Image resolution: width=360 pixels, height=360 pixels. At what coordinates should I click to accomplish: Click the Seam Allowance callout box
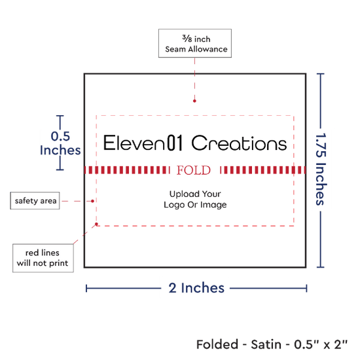pos(195,43)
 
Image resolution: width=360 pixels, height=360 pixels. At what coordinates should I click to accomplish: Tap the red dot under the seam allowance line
pos(194,101)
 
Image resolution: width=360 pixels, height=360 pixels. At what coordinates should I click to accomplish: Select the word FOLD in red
pos(194,170)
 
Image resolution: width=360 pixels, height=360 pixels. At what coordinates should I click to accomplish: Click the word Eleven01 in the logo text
pos(143,143)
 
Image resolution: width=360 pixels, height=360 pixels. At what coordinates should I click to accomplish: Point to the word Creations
pos(239,143)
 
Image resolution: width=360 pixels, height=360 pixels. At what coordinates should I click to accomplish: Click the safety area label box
pos(35,201)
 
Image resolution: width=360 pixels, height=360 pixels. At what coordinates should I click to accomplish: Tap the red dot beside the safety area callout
pos(92,201)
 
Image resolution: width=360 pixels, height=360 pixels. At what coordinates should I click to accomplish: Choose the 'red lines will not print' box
pos(43,258)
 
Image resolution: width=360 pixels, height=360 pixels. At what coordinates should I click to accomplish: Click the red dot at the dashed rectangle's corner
pos(96,224)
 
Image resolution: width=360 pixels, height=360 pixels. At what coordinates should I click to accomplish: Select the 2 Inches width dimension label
pos(196,288)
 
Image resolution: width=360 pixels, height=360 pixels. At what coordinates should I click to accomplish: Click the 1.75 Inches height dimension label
pos(321,169)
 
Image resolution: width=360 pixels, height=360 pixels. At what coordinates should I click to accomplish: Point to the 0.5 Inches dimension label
pos(60,143)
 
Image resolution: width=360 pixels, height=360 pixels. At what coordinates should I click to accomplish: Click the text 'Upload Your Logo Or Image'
pos(195,199)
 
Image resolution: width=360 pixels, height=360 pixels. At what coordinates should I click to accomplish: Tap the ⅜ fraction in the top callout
pos(187,39)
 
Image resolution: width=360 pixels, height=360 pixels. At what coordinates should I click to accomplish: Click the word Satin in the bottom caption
pos(266,344)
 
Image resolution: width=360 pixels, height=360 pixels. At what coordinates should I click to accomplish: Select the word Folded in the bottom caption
pos(217,344)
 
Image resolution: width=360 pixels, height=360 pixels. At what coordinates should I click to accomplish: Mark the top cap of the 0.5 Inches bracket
pos(60,116)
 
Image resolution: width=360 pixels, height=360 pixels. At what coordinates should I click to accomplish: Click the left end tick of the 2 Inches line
pos(86,289)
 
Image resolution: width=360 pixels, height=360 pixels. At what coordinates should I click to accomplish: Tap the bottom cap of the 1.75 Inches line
pos(320,267)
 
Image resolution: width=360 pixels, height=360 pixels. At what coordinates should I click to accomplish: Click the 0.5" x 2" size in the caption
pos(321,344)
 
